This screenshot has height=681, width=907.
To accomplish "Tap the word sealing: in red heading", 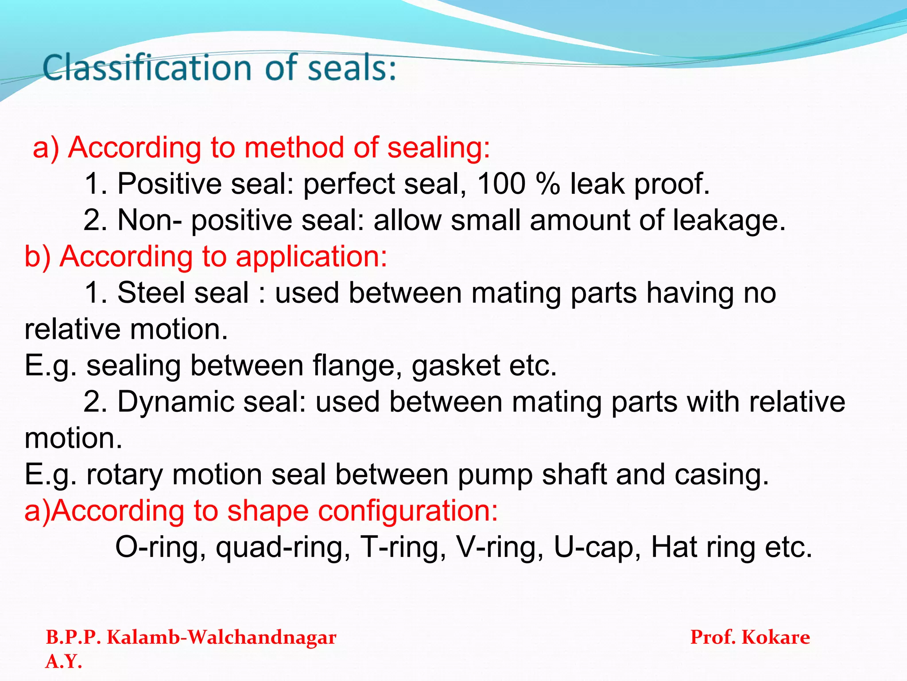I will (x=438, y=148).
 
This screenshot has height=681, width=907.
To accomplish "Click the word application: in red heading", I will (x=311, y=257).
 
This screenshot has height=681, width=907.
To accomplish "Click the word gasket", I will (x=456, y=366).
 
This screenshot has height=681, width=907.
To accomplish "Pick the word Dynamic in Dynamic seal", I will (x=175, y=402).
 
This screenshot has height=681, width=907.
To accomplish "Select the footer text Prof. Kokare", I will (x=750, y=638).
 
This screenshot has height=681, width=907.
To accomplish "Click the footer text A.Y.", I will (x=64, y=661).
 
